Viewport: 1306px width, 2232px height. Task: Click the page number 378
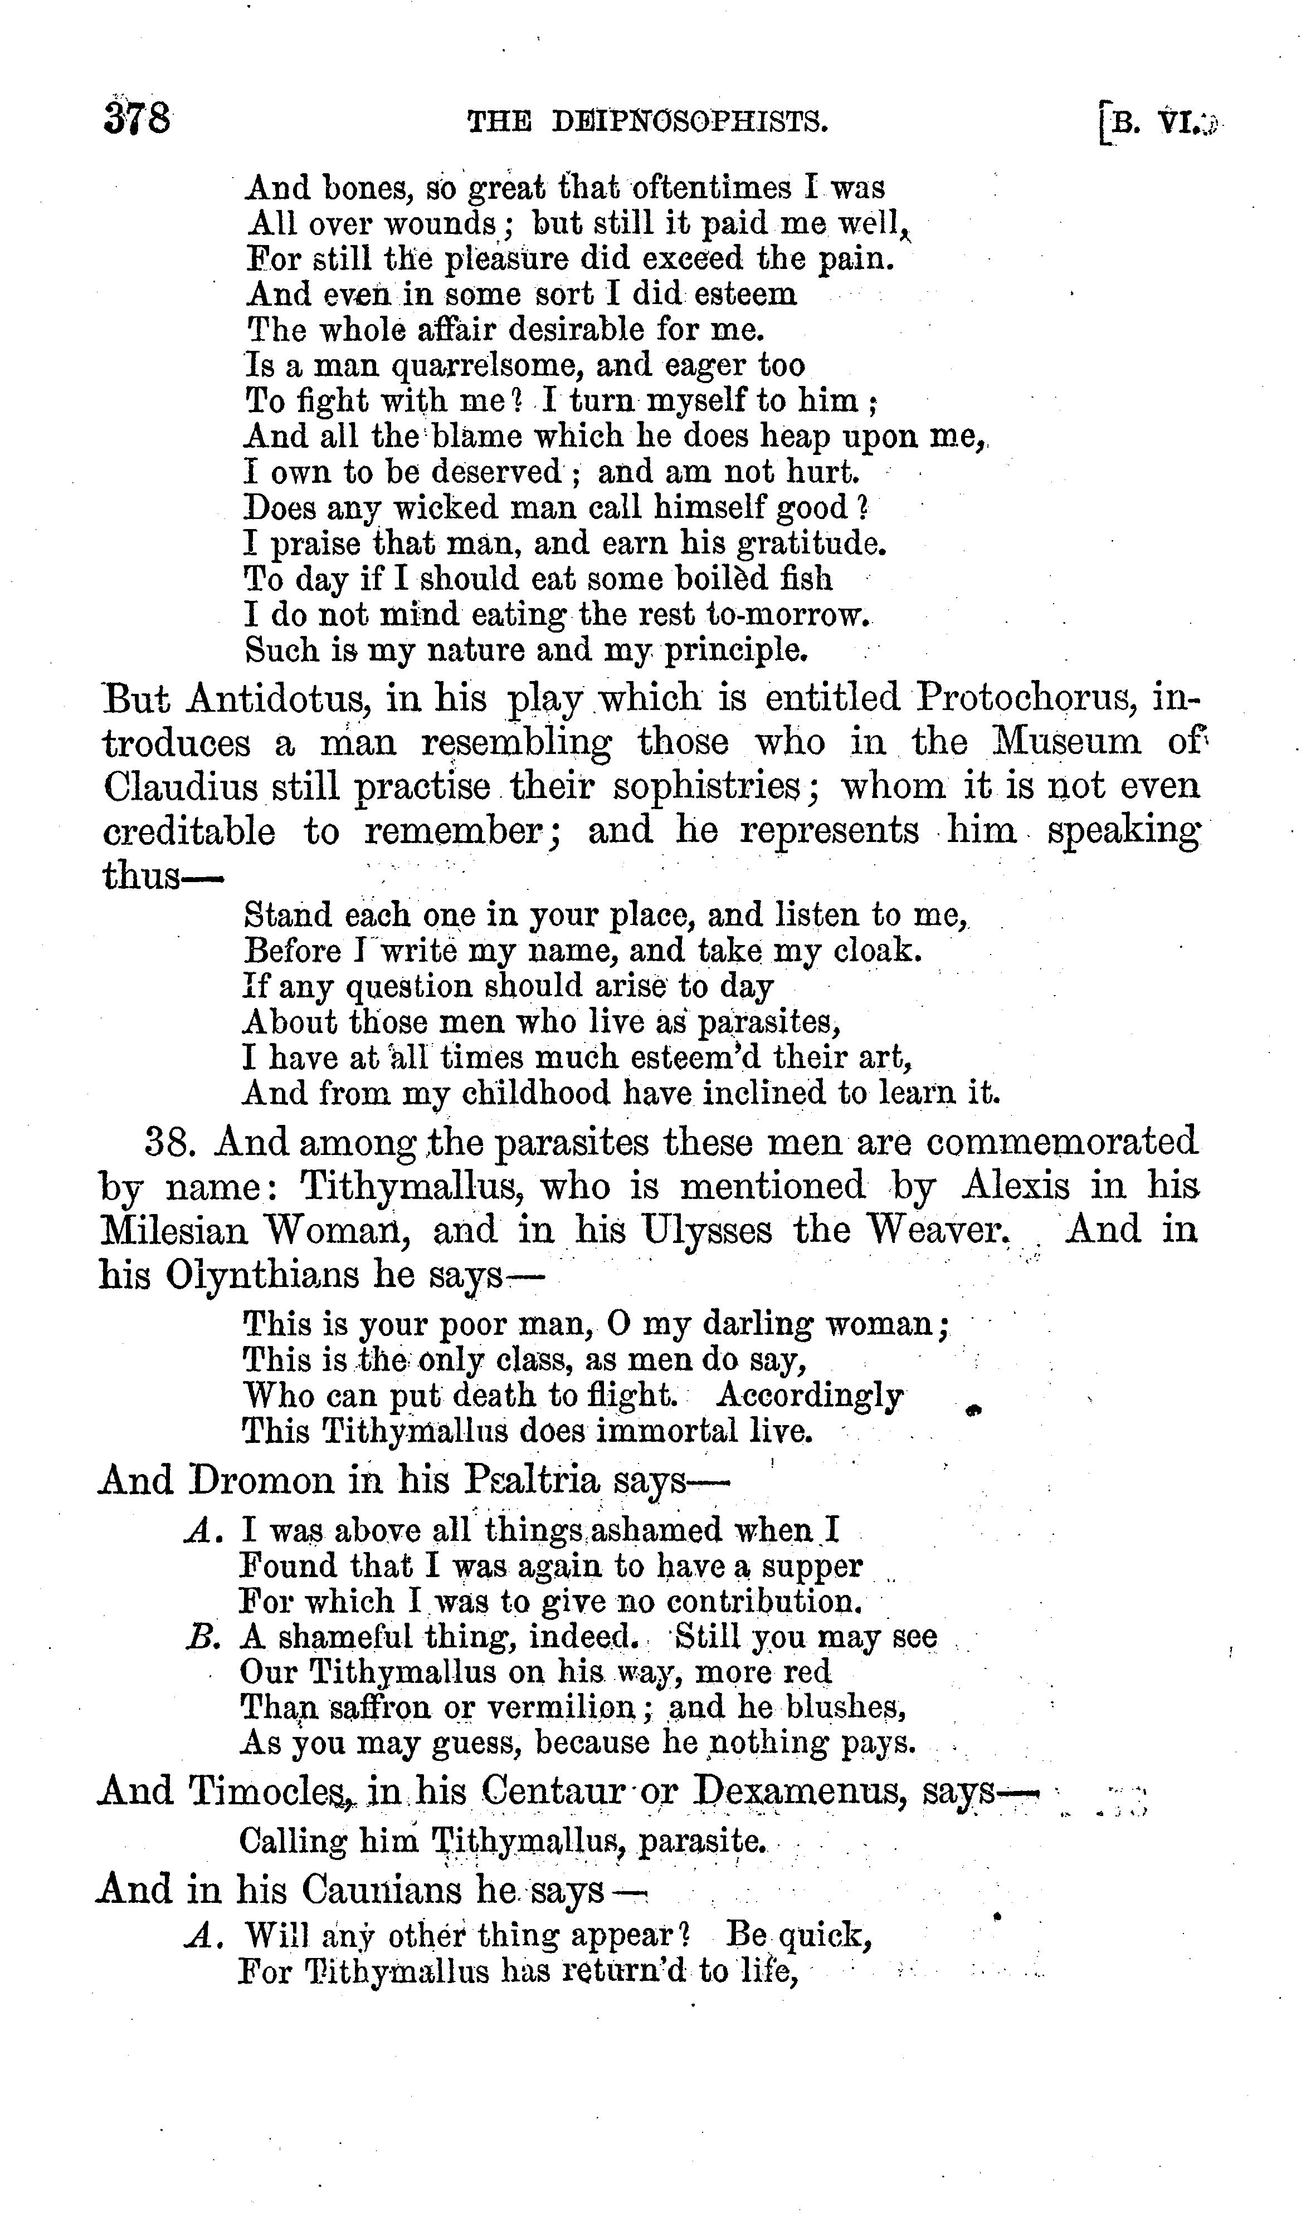pyautogui.click(x=137, y=119)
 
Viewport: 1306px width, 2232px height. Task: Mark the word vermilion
pyautogui.click(x=562, y=1707)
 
